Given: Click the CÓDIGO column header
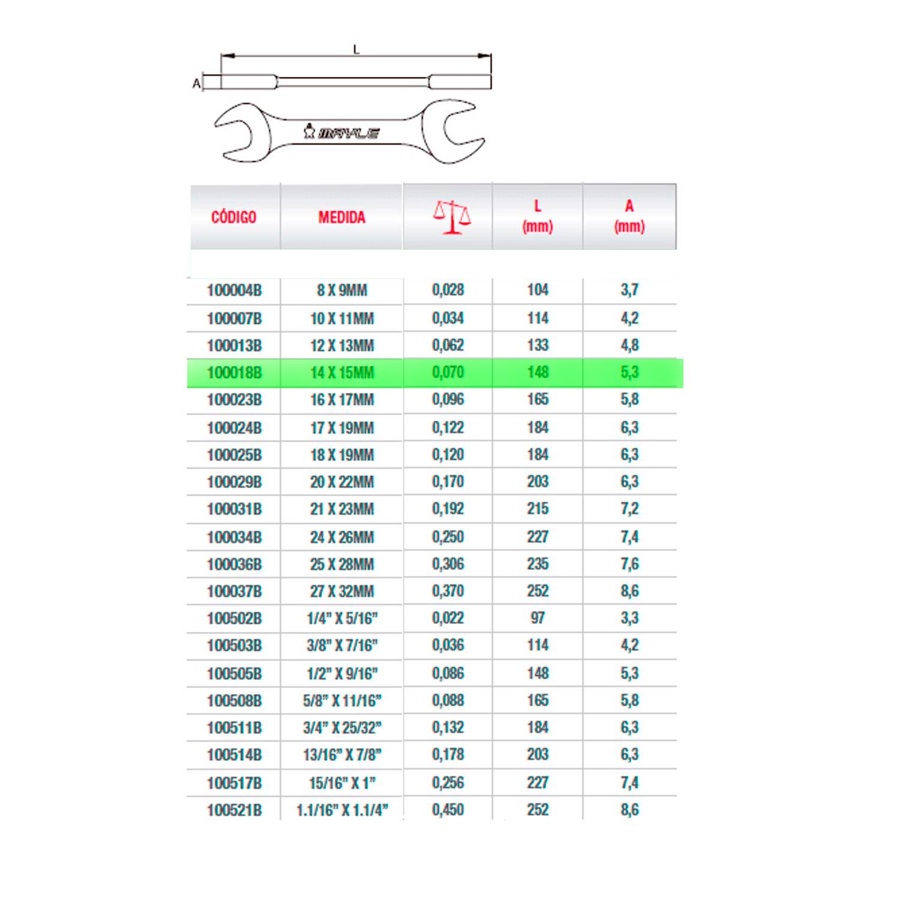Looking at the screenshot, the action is click(233, 217).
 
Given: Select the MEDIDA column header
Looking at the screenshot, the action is click(341, 217).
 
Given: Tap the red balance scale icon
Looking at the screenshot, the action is click(452, 217).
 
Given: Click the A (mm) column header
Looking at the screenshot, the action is click(629, 216).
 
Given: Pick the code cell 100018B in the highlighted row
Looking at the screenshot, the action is click(234, 373).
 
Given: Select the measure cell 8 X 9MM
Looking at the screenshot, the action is click(341, 290).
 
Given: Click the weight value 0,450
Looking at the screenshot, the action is click(448, 809).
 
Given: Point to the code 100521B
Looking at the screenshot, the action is click(234, 810).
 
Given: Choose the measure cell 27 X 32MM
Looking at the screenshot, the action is click(341, 591).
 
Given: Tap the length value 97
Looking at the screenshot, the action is click(538, 618).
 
